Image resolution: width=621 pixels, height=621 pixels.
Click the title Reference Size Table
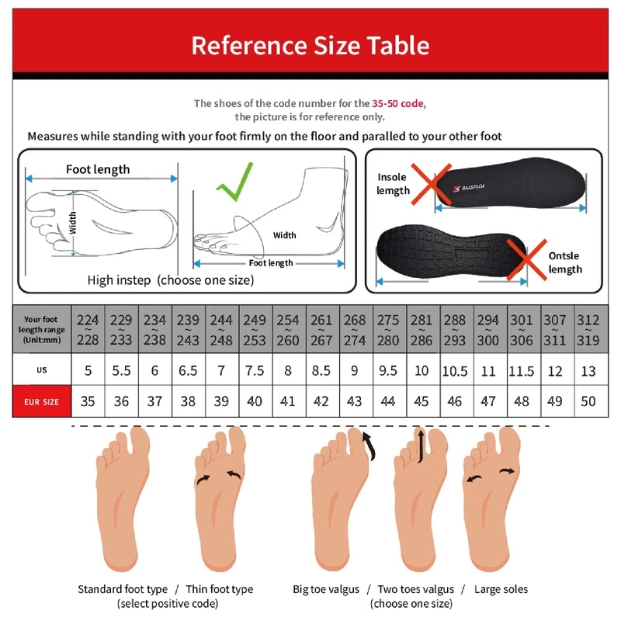[x=310, y=45]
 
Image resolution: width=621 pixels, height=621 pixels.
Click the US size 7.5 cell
[x=255, y=370]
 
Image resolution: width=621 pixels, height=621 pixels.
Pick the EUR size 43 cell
[x=355, y=401]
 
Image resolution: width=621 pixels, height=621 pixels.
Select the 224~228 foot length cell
[x=88, y=329]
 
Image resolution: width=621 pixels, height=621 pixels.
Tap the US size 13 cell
[x=588, y=370]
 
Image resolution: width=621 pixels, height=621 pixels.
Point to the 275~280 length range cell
[x=387, y=329]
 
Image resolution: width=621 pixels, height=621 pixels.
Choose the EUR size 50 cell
[x=588, y=401]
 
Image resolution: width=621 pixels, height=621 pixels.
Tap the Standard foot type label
[x=123, y=589]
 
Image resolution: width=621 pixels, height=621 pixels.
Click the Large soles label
[x=501, y=589]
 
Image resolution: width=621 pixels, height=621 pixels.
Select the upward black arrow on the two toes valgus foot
[x=420, y=446]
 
